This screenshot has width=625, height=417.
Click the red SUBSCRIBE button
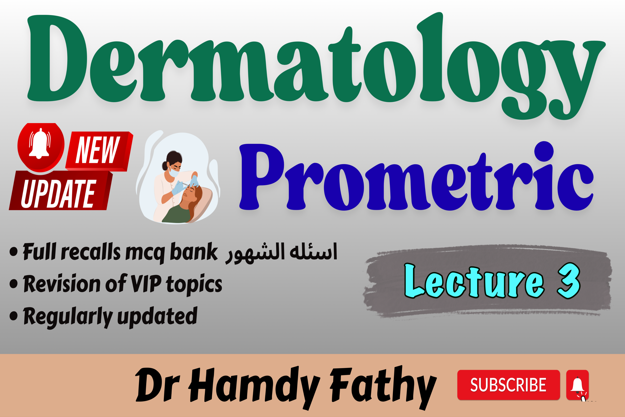click(508, 385)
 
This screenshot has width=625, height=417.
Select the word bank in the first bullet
click(194, 251)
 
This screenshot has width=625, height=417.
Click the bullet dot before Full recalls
click(14, 252)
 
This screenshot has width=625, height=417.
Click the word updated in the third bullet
click(157, 316)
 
